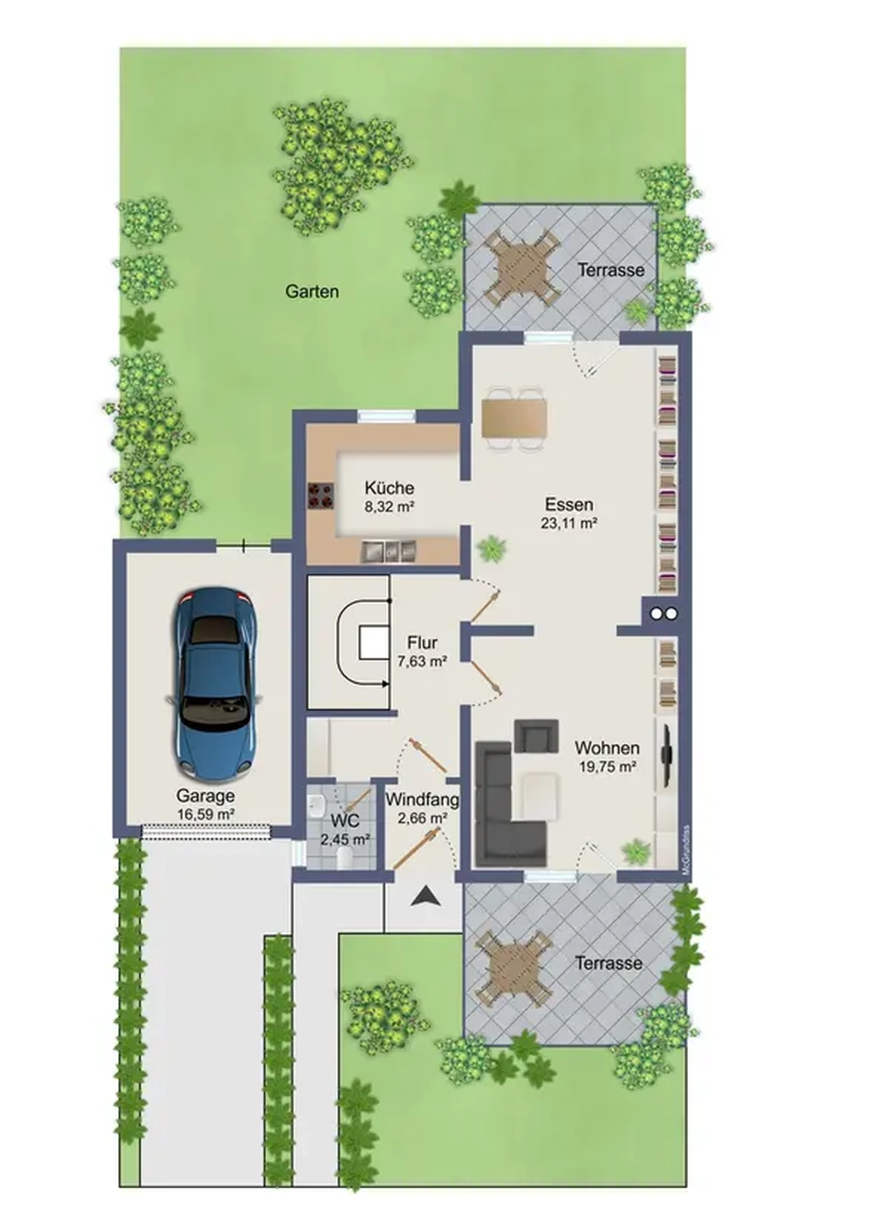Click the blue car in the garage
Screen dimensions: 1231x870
214,683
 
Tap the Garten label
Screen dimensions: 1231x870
312,291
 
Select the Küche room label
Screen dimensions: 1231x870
389,488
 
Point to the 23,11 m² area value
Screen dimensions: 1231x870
568,523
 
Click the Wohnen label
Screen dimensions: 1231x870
607,748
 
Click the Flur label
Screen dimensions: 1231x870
422,643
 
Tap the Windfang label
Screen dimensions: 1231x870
422,799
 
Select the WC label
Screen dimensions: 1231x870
345,821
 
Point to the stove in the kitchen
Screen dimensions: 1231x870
320,495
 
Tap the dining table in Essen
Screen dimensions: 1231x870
514,418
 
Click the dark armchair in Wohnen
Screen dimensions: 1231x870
536,735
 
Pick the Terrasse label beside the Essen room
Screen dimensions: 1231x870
611,270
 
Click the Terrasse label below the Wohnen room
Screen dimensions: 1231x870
608,963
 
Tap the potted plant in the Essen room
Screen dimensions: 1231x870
492,547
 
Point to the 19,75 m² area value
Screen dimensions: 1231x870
607,767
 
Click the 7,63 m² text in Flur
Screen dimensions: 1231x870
422,661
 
